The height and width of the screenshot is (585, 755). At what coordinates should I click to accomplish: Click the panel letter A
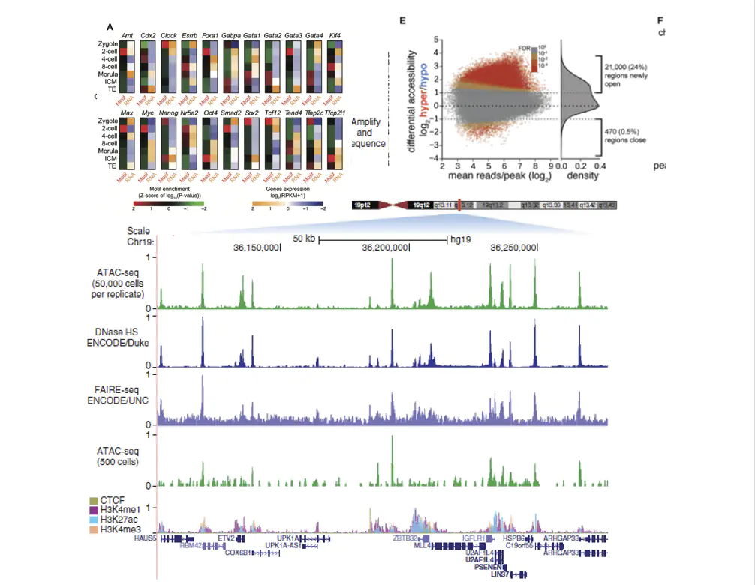click(110, 27)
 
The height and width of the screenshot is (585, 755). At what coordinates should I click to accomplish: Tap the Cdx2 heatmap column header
click(148, 36)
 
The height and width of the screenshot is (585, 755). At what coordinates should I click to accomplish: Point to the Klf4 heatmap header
click(335, 36)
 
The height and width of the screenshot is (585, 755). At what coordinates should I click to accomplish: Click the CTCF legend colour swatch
click(94, 500)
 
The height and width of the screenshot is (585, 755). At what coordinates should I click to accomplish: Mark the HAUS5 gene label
click(145, 538)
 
